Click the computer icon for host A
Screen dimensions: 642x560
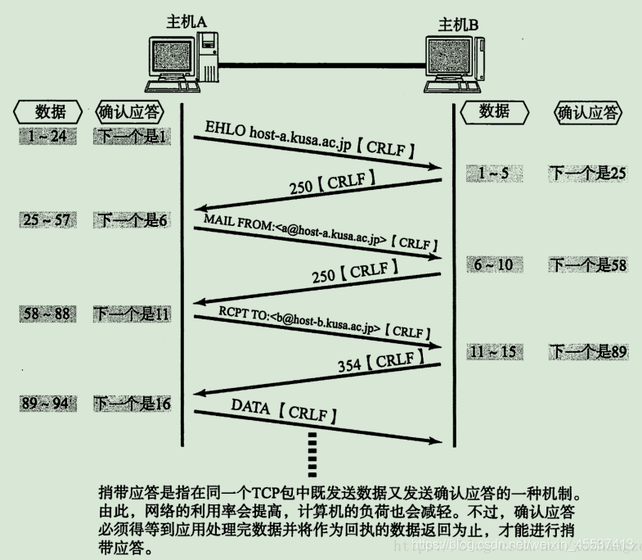tap(183, 63)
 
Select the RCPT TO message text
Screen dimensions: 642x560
tap(324, 322)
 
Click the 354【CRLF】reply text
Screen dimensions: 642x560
tap(380, 361)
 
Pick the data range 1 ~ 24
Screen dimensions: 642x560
tap(47, 136)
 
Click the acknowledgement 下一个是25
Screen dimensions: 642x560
tap(587, 173)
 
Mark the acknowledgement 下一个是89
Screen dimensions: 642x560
tap(587, 352)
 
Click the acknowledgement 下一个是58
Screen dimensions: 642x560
tap(587, 264)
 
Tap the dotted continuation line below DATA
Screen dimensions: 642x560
tap(312, 452)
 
